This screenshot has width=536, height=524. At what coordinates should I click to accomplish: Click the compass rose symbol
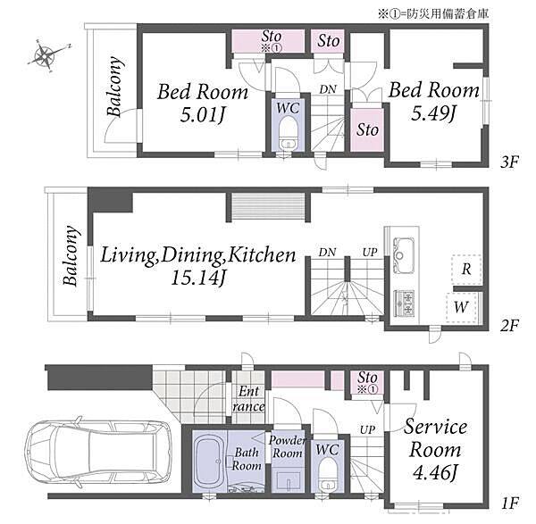[x=46, y=55]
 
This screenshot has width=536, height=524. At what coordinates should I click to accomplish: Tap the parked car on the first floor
[x=99, y=452]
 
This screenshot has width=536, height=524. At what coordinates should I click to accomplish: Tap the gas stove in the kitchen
[x=405, y=303]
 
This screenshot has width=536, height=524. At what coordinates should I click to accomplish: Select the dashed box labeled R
[x=466, y=270]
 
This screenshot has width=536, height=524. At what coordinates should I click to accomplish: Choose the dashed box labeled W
[x=462, y=307]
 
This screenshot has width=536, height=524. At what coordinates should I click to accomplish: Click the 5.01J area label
[x=203, y=115]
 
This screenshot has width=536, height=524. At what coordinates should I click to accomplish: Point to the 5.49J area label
[x=433, y=112]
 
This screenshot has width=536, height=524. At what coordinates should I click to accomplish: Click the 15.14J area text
[x=198, y=279]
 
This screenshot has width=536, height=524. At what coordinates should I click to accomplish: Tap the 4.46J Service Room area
[x=435, y=473]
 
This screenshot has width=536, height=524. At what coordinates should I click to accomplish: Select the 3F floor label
[x=510, y=162]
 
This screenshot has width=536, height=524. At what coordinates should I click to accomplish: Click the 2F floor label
[x=510, y=325]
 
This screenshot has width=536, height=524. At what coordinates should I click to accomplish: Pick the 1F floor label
[x=510, y=503]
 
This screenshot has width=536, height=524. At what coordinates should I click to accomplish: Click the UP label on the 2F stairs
[x=370, y=253]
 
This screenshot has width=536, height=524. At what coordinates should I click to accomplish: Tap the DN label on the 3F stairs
[x=328, y=89]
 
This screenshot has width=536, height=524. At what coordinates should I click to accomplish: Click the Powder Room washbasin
[x=289, y=481]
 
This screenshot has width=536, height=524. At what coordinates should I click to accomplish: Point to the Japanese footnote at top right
[x=433, y=13]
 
